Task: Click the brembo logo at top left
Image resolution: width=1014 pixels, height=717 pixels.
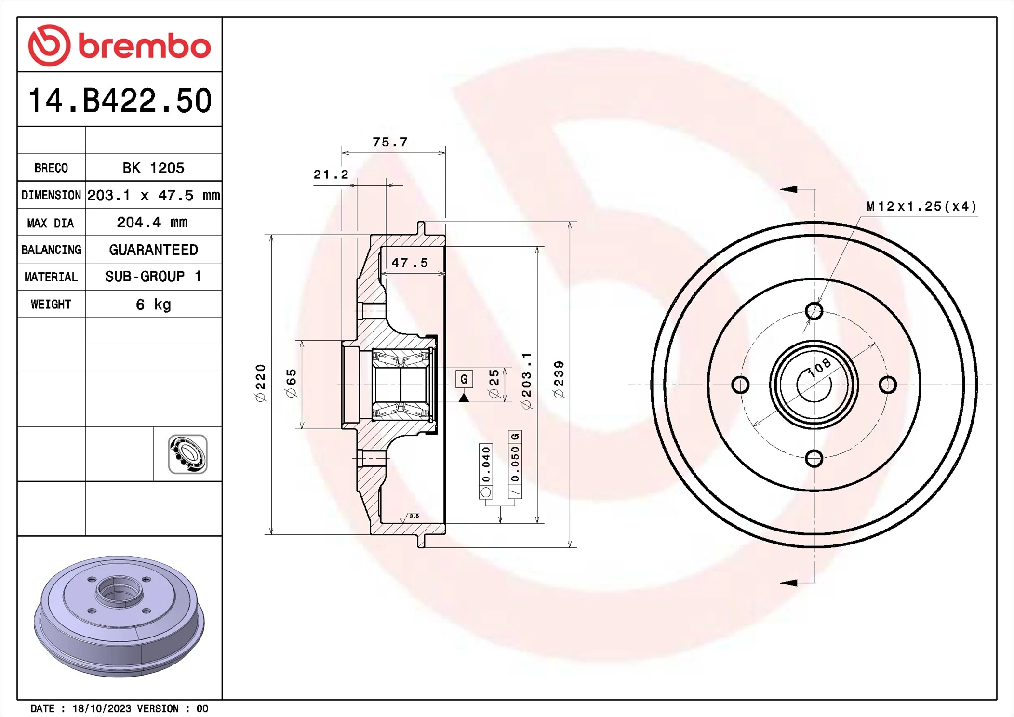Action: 119,45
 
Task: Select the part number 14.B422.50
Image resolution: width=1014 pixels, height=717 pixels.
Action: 120,101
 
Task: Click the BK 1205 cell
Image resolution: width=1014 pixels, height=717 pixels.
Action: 153,168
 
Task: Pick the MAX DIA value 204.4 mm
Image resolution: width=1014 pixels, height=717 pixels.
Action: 152,222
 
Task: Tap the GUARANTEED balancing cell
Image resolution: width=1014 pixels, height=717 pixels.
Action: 153,250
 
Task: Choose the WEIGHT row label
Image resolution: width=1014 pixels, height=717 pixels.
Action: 51,304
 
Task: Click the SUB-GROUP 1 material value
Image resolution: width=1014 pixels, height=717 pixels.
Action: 153,277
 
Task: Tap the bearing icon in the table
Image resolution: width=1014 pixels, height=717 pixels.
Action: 187,454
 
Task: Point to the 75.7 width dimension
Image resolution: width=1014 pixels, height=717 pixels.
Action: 390,142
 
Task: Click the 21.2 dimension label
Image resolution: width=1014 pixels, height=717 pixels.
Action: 331,174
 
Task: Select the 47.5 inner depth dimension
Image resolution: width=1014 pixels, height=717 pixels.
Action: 409,263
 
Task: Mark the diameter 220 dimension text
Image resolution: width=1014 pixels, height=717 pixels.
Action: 260,383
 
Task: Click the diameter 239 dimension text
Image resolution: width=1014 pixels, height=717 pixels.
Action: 559,380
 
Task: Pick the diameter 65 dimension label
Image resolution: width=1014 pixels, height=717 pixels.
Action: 292,383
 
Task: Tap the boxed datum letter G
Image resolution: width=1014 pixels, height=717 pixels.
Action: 464,379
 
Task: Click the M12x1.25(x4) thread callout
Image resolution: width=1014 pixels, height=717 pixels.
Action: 921,207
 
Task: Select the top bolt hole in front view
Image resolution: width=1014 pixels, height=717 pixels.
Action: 814,311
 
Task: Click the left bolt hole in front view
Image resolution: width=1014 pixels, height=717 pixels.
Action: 740,385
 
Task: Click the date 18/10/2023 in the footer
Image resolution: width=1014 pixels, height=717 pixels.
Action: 102,708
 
